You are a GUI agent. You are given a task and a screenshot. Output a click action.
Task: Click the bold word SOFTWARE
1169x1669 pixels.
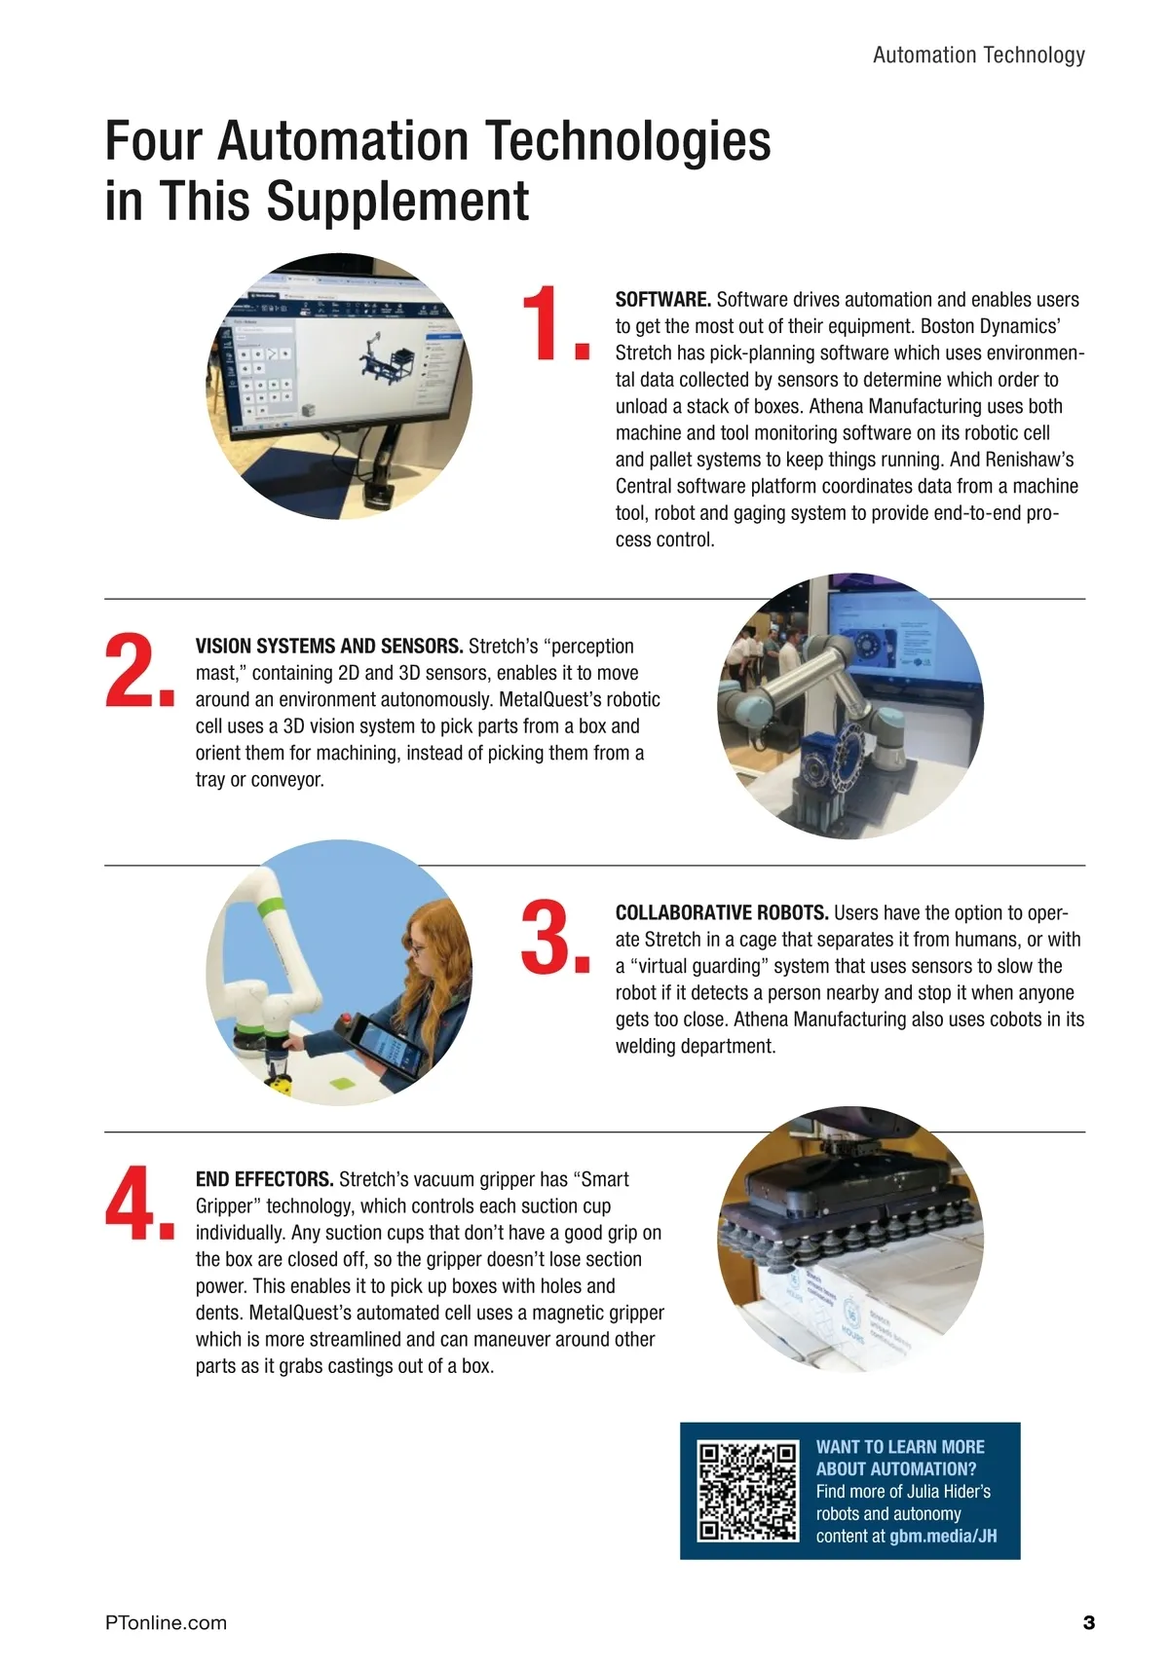click(662, 300)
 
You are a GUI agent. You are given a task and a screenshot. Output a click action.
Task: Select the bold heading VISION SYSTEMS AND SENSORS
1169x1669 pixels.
click(329, 646)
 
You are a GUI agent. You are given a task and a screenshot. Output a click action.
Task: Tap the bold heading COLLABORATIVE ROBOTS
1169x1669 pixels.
click(722, 912)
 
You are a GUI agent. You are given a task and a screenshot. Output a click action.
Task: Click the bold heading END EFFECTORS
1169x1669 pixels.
click(265, 1179)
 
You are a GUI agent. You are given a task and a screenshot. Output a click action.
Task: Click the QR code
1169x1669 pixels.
click(747, 1491)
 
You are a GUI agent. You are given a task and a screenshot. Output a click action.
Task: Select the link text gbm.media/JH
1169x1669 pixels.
click(943, 1536)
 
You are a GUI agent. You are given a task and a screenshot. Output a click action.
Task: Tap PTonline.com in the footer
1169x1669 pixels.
click(167, 1622)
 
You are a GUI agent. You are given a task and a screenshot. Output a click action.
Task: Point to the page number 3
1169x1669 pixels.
click(1088, 1622)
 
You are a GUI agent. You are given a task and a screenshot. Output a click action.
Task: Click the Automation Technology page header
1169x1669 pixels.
click(979, 56)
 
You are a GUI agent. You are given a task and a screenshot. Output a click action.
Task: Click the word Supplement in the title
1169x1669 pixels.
click(397, 201)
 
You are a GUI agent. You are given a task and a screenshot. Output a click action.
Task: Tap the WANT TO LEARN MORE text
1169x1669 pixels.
click(900, 1447)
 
